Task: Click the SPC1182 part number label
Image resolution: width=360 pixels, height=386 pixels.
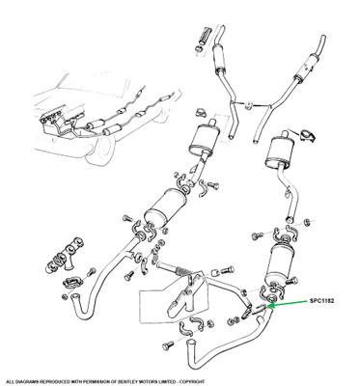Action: tap(322, 301)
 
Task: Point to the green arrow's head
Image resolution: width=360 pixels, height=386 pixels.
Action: tap(270, 306)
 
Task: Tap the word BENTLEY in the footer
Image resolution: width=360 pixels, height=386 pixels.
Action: tap(115, 381)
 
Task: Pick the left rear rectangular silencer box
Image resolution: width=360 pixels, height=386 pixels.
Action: tap(204, 140)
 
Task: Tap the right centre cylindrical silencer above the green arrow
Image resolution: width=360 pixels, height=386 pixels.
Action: tap(279, 262)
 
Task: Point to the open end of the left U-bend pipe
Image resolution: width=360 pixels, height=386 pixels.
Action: tap(74, 297)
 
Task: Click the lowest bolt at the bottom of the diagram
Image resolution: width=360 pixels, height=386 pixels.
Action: tap(168, 345)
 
